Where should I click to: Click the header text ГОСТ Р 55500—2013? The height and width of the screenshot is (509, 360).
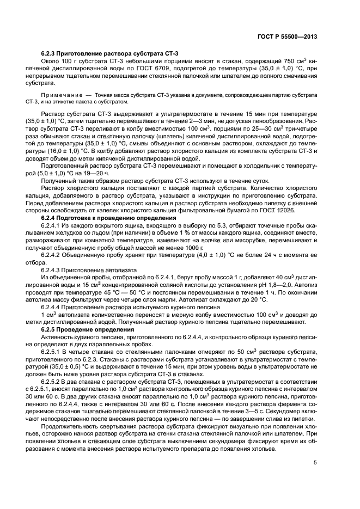coord(286,36)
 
